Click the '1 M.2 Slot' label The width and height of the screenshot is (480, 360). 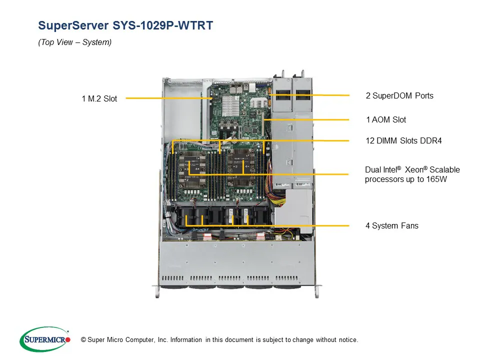coord(99,99)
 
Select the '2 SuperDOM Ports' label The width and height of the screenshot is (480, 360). coord(399,95)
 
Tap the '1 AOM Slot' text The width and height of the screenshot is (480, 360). coord(385,120)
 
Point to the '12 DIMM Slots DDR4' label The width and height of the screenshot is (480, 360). coord(403,141)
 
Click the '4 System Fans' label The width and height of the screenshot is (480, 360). coord(391,226)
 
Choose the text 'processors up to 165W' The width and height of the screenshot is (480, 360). coord(405,179)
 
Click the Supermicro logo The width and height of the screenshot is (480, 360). coord(44,339)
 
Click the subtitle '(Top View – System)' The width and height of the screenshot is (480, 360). coord(75,42)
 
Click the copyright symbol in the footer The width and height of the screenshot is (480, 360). coord(76,340)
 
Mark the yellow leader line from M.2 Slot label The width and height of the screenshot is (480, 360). coord(167,98)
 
